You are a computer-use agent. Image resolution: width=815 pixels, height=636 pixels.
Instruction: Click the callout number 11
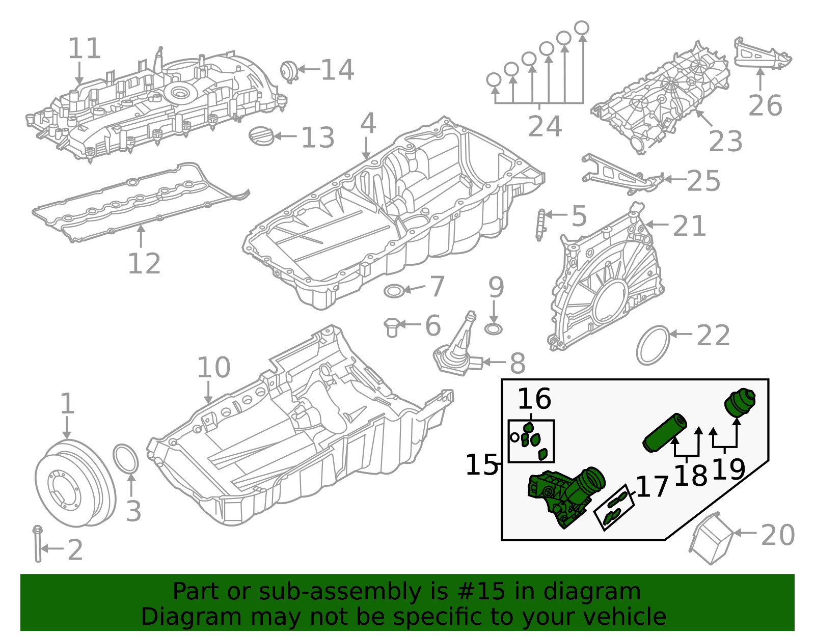(x=85, y=49)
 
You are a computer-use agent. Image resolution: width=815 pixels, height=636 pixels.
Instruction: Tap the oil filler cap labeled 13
(x=261, y=136)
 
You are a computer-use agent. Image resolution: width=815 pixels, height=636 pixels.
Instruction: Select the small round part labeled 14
(x=289, y=71)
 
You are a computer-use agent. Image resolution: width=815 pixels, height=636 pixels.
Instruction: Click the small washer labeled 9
(x=493, y=329)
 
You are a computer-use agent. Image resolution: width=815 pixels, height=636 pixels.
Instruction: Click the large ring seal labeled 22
(x=653, y=345)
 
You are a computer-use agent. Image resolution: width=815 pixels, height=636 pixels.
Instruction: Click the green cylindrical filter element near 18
(x=664, y=433)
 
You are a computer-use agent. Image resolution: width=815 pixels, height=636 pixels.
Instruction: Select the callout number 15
(x=481, y=465)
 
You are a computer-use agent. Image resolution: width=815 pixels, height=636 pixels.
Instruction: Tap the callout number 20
(x=777, y=535)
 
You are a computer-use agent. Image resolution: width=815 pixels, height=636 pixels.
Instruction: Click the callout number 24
(x=545, y=126)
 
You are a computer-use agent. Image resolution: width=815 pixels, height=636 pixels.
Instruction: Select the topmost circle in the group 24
(x=582, y=27)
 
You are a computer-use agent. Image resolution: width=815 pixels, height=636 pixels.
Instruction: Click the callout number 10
(x=213, y=368)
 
